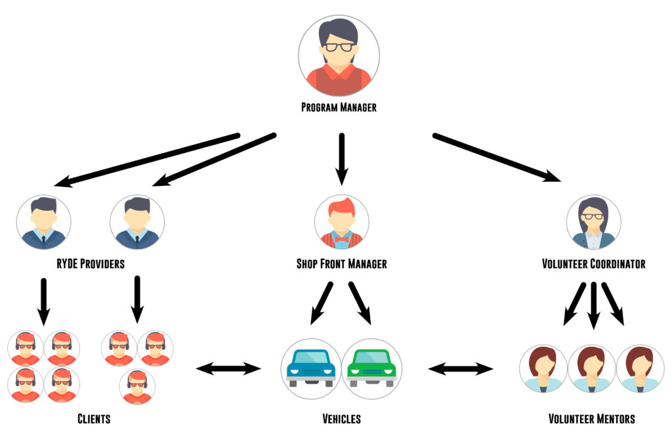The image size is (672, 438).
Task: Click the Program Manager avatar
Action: coord(339,56)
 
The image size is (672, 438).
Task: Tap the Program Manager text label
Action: coord(339,107)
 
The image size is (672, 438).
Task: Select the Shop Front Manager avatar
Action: coord(341,222)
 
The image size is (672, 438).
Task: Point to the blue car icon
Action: coord(311,368)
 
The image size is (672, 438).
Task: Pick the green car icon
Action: coord(372,368)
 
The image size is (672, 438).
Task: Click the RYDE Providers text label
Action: coord(91,264)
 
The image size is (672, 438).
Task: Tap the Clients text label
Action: coord(94,418)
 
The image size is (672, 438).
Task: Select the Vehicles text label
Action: coord(341,418)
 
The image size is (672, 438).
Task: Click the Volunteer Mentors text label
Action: coord(591,418)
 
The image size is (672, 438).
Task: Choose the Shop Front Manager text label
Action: coord(341,264)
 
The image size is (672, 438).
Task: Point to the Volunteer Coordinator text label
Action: coord(593,264)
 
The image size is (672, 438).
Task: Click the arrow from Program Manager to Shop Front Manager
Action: coord(341,158)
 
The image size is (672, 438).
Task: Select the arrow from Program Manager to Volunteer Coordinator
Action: coord(497,157)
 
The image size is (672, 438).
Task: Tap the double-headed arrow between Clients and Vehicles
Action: coord(228,369)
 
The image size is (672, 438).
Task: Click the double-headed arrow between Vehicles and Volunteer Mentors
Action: coord(460,369)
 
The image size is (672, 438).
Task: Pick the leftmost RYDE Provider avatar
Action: coord(43,222)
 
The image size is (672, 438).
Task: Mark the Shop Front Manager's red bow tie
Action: coord(341,240)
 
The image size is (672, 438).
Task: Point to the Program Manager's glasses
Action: coord(338,47)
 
